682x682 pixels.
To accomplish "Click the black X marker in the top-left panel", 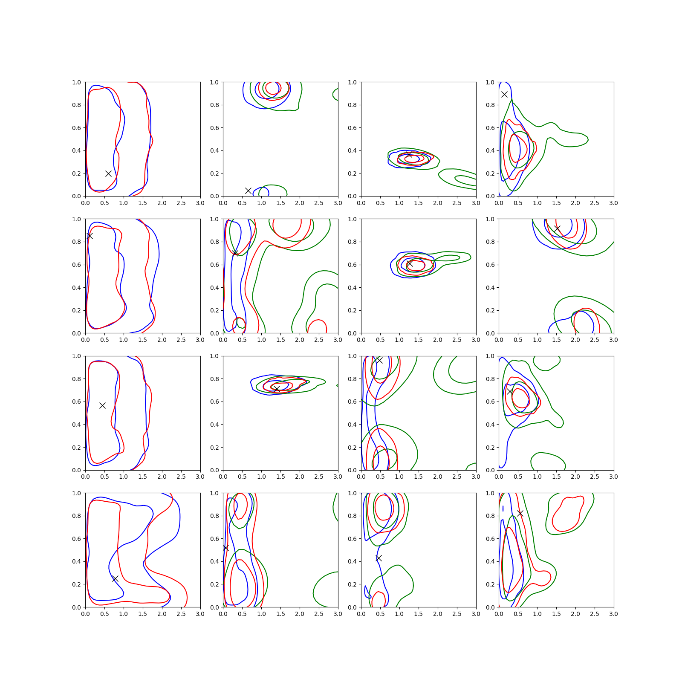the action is (108, 173).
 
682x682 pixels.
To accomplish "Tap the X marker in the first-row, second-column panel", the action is (248, 191).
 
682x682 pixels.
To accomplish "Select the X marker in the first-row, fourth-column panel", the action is (504, 94).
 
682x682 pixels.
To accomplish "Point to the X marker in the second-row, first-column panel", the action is (89, 236).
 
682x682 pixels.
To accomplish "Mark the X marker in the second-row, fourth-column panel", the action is (557, 228).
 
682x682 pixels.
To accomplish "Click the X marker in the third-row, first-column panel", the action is (102, 405).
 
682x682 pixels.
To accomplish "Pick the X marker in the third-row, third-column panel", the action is (379, 361).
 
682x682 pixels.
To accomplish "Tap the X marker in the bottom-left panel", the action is (115, 578).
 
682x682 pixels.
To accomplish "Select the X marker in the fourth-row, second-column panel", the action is (225, 548).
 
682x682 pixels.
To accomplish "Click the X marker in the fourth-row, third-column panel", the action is (379, 558).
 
